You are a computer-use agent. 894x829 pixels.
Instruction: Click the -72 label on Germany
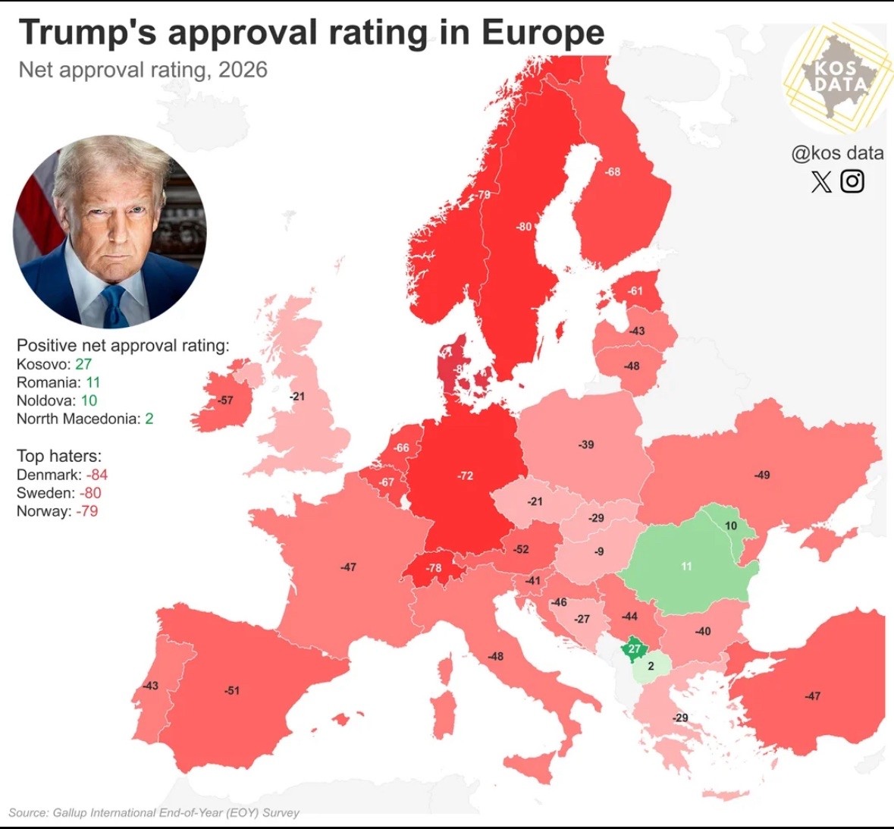[465, 476]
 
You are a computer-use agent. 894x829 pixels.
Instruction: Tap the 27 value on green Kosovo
[635, 648]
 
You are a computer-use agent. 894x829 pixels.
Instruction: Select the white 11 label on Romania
[686, 566]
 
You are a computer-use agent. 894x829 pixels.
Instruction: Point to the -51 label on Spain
[231, 690]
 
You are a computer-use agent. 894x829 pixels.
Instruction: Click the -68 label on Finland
[612, 171]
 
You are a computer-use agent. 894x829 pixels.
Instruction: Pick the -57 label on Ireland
[225, 400]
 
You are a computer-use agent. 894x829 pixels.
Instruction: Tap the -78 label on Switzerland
[433, 567]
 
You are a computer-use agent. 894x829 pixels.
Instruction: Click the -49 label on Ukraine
[761, 475]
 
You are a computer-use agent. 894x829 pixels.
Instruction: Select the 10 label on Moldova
[730, 526]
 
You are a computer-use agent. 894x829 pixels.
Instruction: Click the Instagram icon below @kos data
[852, 181]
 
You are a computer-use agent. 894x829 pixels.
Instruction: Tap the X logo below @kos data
[821, 181]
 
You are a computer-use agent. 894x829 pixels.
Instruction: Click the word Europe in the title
[543, 33]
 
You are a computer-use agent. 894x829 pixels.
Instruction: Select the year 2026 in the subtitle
[243, 70]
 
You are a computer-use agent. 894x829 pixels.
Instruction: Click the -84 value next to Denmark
[96, 475]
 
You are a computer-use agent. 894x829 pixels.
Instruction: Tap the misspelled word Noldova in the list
[46, 400]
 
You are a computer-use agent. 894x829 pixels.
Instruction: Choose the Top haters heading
[58, 456]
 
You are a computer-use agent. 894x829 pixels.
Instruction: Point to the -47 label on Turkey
[812, 696]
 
